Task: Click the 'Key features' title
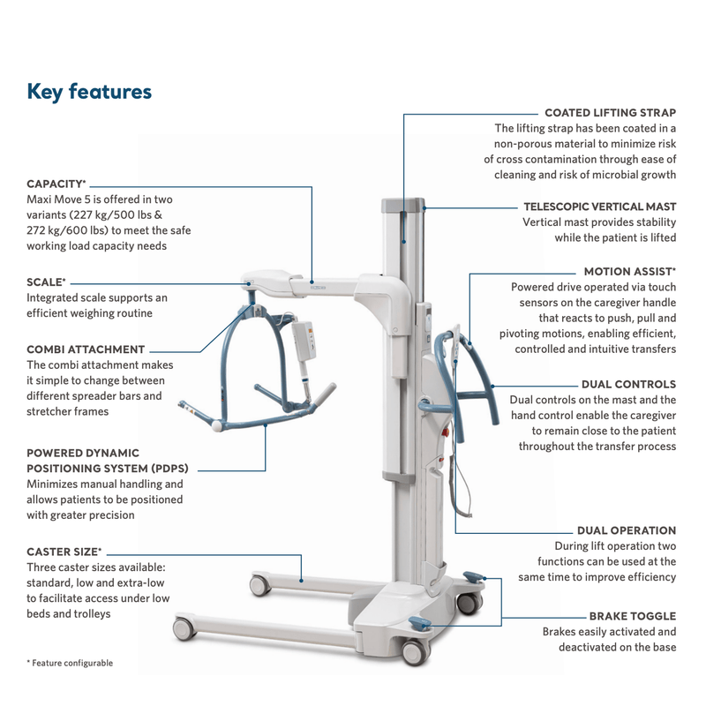[x=89, y=92]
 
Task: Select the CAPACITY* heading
[x=56, y=184]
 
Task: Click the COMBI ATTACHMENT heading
[x=86, y=349]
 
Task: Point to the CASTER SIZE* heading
[x=64, y=552]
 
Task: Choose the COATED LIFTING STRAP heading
[x=610, y=113]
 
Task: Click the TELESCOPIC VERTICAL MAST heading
[x=600, y=206]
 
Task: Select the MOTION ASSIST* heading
[x=629, y=272]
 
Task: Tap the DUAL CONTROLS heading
[x=628, y=385]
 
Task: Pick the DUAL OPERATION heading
[x=627, y=530]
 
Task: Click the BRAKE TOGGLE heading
[x=633, y=616]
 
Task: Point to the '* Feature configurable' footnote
[x=70, y=663]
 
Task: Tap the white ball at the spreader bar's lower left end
[x=218, y=426]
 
